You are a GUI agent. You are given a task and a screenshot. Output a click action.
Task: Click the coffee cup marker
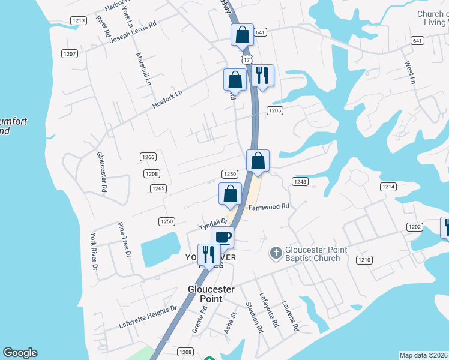click(222, 236)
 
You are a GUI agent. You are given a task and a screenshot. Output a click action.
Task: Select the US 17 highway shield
click(246, 59)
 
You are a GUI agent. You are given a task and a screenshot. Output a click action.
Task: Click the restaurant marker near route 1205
click(262, 75)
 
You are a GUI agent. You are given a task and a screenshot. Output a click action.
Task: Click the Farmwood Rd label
click(269, 207)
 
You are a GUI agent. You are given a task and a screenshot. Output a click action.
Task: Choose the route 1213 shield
click(78, 20)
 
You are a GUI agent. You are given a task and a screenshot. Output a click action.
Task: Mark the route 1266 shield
click(148, 157)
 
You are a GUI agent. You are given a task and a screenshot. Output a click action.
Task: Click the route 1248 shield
click(300, 182)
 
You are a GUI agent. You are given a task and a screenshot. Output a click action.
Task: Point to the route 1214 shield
click(388, 187)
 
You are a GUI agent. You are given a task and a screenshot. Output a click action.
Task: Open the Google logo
click(20, 353)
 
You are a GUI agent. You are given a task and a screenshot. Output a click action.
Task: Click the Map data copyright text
click(424, 355)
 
